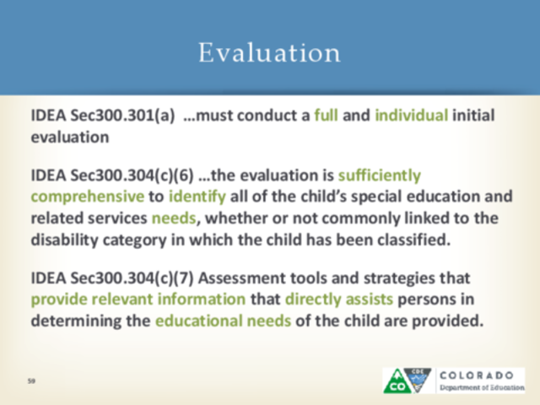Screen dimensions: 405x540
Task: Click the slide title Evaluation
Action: coord(269,52)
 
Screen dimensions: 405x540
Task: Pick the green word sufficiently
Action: coord(379,175)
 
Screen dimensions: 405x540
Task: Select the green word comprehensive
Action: coord(87,197)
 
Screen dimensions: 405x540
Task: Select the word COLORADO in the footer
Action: coord(480,373)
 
